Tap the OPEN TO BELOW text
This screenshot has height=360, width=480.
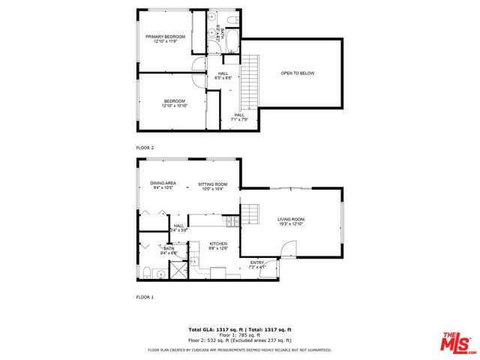295,73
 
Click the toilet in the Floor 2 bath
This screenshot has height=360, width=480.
233,19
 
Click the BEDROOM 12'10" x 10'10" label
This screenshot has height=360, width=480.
174,103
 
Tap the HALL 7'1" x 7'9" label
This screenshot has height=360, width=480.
239,116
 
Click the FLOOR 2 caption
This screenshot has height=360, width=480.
145,148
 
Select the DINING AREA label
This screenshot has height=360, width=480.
163,185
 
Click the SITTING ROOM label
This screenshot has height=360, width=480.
212,186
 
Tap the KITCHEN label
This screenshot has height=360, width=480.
218,245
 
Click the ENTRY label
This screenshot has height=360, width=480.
257,264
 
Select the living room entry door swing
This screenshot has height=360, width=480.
289,248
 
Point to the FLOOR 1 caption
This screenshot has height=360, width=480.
145,298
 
